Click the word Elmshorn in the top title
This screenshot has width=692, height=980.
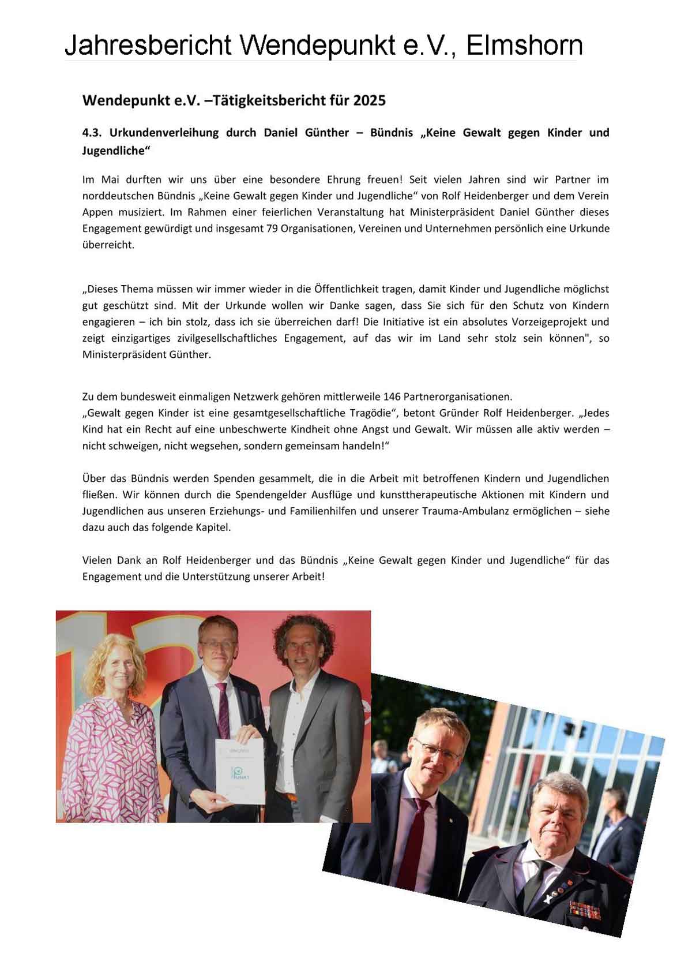[x=524, y=45]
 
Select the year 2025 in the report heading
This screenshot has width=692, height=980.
[x=369, y=100]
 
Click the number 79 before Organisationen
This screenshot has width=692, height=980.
[x=273, y=229]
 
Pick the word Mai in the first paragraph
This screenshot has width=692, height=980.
[x=110, y=179]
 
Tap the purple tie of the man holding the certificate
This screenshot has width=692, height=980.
[x=223, y=710]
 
